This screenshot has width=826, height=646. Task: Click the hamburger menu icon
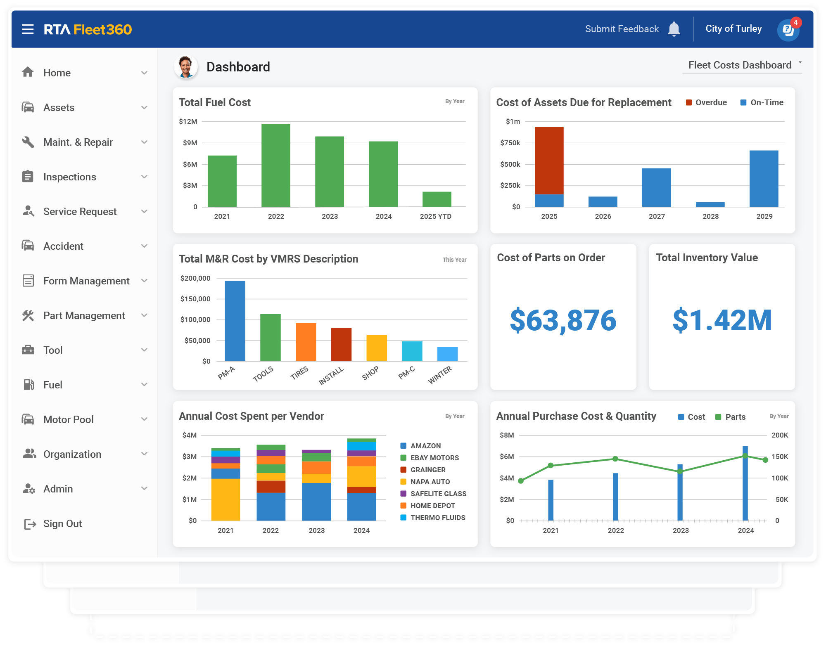tap(28, 29)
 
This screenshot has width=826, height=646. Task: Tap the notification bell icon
tap(674, 29)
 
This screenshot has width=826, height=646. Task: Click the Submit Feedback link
tap(622, 29)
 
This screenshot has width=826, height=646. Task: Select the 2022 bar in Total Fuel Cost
tap(275, 165)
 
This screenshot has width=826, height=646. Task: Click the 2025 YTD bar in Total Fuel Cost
tap(437, 199)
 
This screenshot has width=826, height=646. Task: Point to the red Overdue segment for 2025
tap(549, 160)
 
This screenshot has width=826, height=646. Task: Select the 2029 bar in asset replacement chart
tap(764, 178)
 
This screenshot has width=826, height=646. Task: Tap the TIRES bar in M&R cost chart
tap(306, 342)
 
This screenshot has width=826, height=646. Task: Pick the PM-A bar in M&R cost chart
tap(235, 321)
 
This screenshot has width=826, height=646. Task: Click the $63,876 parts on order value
tap(563, 320)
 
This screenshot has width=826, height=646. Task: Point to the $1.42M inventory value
tap(722, 320)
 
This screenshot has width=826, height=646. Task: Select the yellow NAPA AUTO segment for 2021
tap(225, 499)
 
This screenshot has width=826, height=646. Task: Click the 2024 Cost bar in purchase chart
tap(745, 483)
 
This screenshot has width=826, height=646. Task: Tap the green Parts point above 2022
tap(615, 459)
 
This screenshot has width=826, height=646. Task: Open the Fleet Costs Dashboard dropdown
tap(742, 65)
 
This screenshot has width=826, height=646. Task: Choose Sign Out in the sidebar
tap(62, 523)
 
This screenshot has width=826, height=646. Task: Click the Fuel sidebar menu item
tap(53, 385)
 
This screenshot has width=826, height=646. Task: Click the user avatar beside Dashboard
tap(185, 67)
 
